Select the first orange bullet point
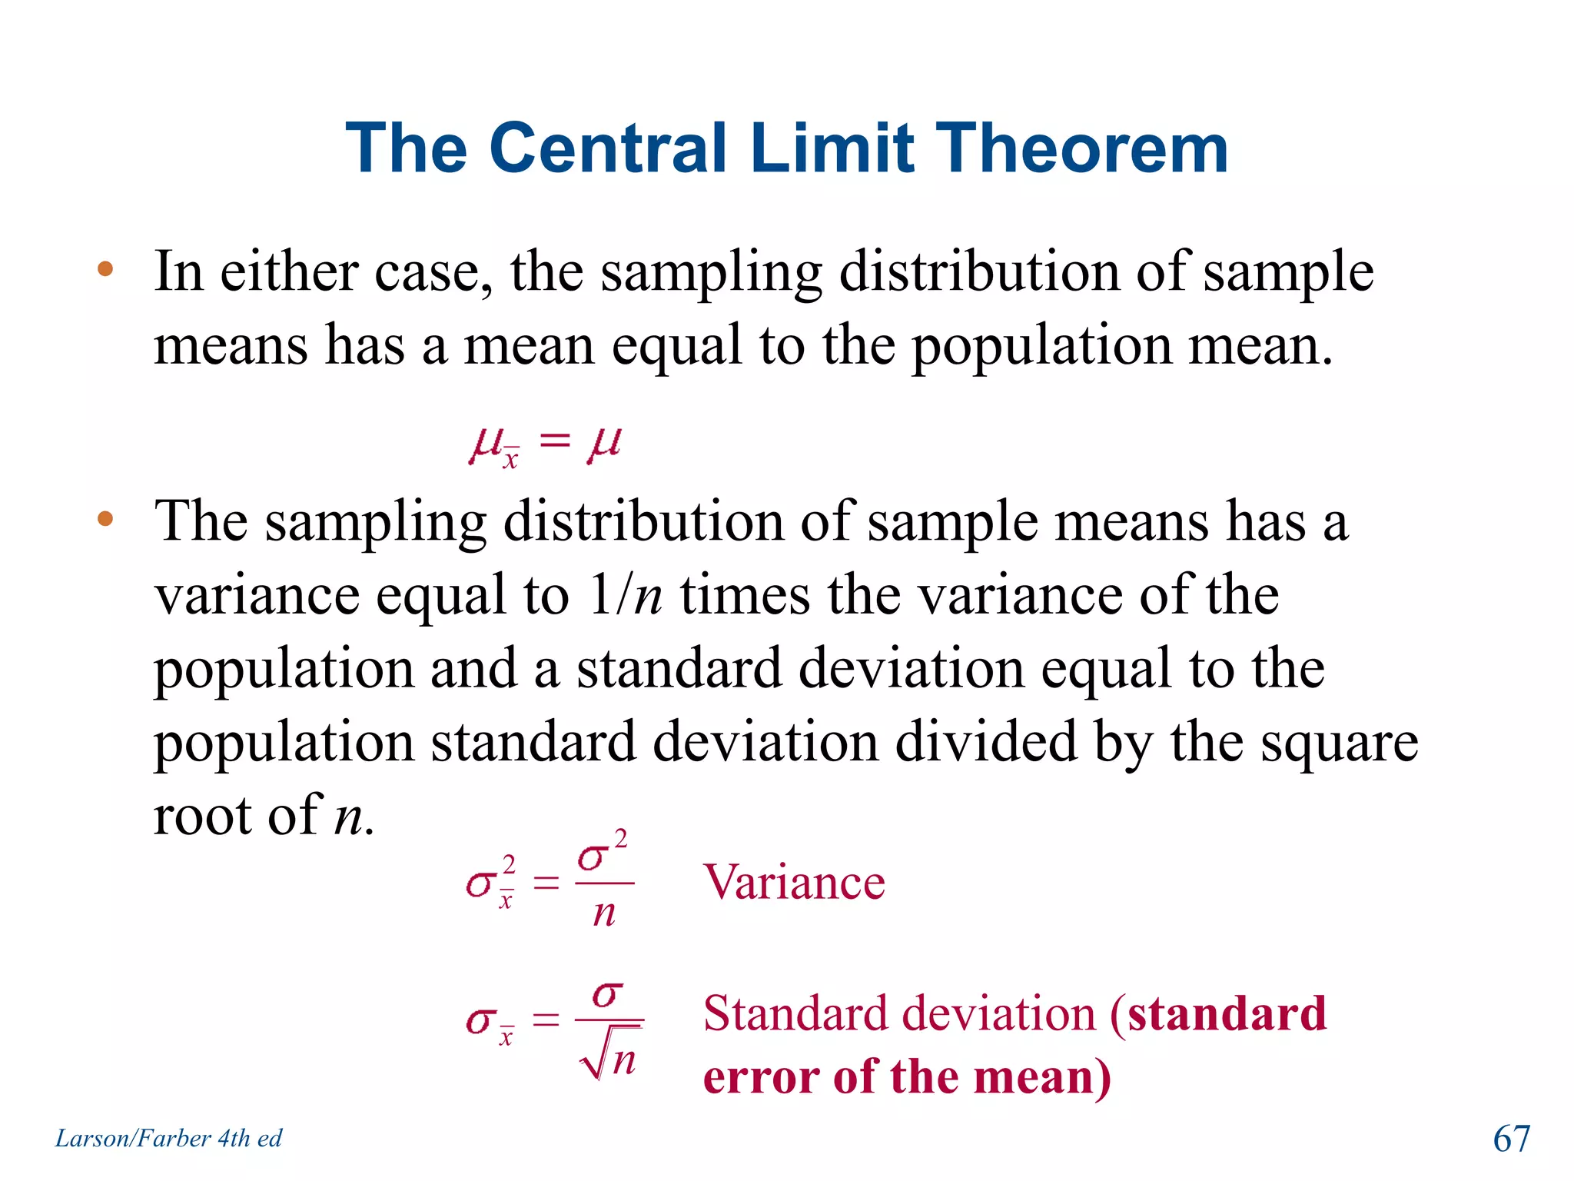click(x=105, y=270)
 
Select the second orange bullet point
click(x=105, y=519)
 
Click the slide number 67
click(x=1511, y=1138)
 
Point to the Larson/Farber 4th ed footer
click(x=168, y=1138)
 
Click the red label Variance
click(x=794, y=882)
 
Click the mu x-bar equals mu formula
click(x=545, y=444)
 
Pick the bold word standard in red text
click(x=1227, y=1013)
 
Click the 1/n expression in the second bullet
click(x=625, y=595)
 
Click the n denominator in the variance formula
click(x=604, y=913)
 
